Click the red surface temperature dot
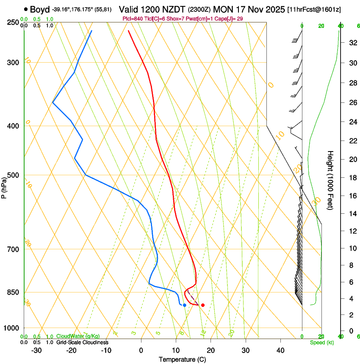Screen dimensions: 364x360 203,305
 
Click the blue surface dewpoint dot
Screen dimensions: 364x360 184,305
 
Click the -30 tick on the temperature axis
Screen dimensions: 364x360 36,350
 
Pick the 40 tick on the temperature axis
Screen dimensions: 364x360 280,350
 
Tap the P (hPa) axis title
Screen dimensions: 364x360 4,186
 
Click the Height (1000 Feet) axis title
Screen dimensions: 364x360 331,180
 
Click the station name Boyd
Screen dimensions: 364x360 40,9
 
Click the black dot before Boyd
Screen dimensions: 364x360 26,9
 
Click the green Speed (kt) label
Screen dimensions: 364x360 321,342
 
